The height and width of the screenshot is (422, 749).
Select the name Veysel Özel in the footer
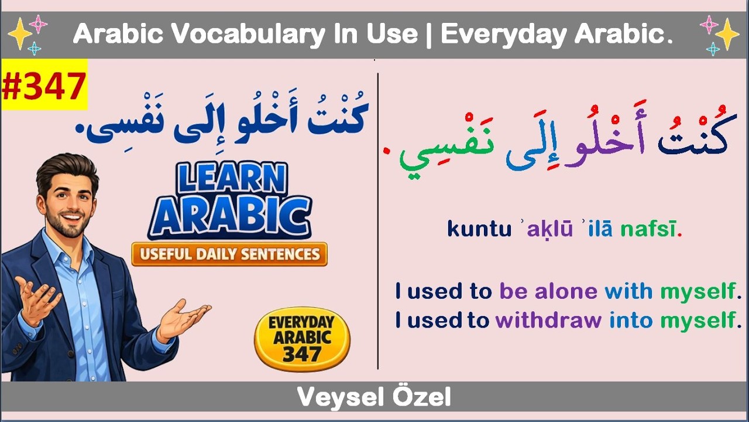374,398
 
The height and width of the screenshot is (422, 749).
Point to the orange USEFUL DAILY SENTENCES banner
229,254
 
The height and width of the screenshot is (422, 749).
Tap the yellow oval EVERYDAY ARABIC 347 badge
301,339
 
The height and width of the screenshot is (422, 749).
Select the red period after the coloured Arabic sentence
386,154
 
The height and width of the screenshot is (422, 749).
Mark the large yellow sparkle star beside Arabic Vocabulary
19,35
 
